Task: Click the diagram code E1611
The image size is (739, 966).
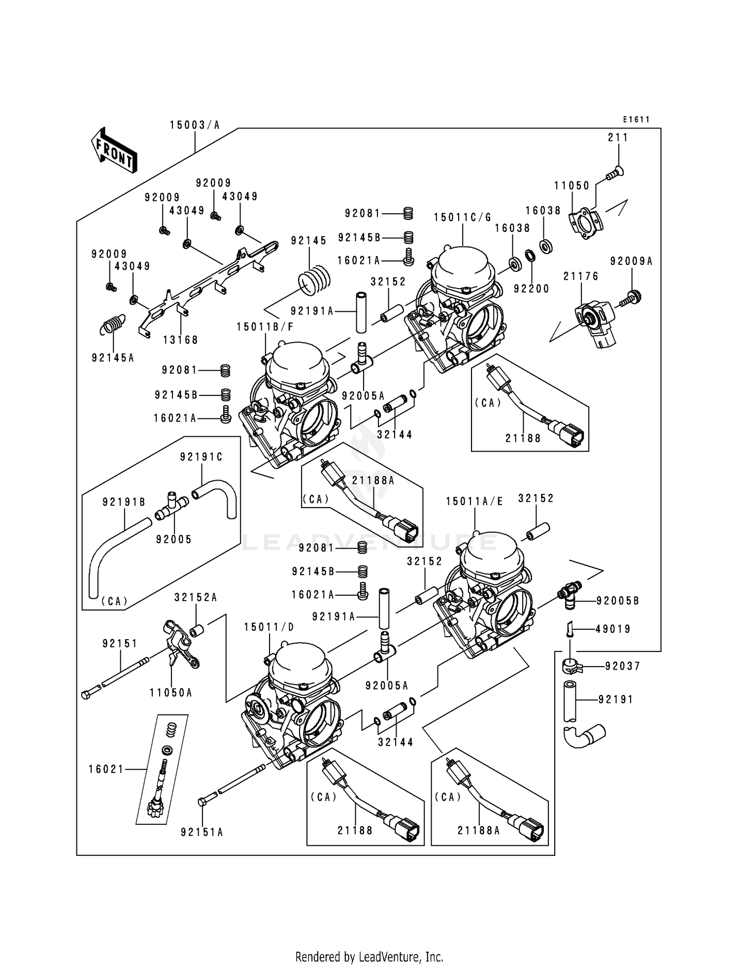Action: tap(636, 120)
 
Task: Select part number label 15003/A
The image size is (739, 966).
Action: tap(195, 125)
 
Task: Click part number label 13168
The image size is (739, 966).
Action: tap(181, 340)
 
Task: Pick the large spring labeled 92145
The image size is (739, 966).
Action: tap(314, 281)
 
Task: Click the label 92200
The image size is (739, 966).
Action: tap(531, 289)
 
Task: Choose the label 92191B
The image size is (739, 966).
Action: tap(124, 502)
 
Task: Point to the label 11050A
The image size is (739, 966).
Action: tap(171, 693)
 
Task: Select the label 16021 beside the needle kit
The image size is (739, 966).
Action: tap(106, 769)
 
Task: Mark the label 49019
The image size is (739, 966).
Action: tap(613, 629)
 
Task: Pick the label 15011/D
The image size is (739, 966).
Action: tap(269, 627)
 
